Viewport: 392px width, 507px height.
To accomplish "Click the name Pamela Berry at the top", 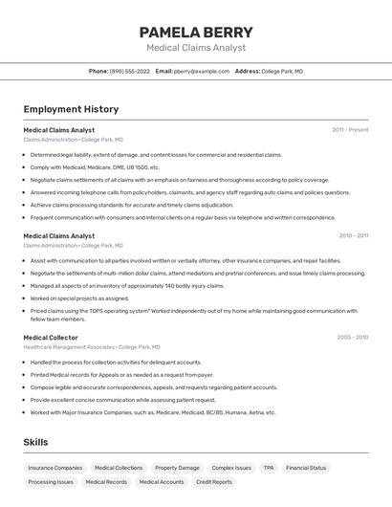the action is click(x=196, y=32).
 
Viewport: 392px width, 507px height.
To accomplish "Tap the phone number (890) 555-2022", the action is click(x=130, y=71).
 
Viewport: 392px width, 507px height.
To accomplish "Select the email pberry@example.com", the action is click(x=202, y=71).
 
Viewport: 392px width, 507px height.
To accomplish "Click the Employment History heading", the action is click(x=71, y=109).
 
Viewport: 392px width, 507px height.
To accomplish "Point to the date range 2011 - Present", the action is click(x=350, y=129).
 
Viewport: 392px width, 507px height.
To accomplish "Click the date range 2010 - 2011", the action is click(x=353, y=235).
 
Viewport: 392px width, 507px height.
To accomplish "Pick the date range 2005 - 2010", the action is click(x=352, y=337).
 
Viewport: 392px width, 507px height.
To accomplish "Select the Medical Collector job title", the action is click(x=51, y=338).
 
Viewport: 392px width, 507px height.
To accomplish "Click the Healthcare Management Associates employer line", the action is click(x=92, y=347).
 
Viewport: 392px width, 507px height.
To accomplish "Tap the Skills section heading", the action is click(x=35, y=442).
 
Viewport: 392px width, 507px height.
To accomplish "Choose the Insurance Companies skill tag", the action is click(x=55, y=468).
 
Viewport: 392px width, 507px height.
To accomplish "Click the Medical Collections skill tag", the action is click(x=119, y=468).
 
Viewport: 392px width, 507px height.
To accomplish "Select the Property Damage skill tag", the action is click(x=177, y=468).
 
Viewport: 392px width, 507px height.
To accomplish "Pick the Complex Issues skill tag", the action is click(x=231, y=468).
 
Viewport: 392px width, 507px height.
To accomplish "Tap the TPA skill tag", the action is click(x=269, y=468).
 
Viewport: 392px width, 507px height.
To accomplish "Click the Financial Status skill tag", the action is click(x=306, y=468).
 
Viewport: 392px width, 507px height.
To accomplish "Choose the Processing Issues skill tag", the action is click(x=51, y=482).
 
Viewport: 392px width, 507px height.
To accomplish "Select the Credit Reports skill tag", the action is click(x=214, y=482).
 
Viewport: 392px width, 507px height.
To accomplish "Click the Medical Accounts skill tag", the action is click(x=162, y=482).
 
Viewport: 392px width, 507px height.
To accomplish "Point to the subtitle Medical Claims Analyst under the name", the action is click(x=196, y=48).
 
